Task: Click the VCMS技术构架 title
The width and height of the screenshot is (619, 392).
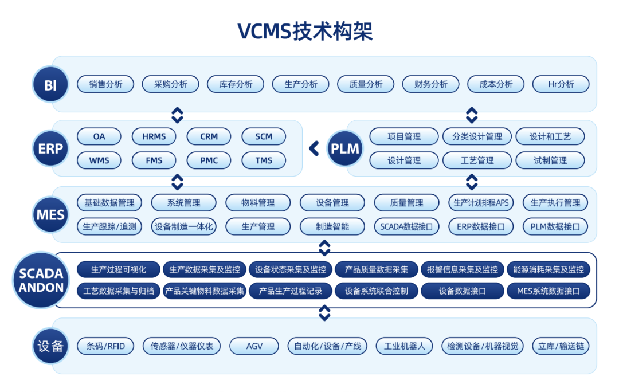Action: [305, 31]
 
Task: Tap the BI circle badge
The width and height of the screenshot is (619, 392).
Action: [50, 84]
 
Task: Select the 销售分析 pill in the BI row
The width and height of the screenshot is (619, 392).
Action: [105, 84]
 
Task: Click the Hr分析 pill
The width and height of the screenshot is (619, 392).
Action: [561, 84]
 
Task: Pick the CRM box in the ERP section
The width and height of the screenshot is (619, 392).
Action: [209, 136]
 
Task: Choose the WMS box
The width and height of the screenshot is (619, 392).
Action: [99, 160]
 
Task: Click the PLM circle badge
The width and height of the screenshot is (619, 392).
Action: [345, 148]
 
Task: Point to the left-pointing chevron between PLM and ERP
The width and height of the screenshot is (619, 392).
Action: [314, 148]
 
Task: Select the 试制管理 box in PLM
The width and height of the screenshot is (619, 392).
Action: [550, 160]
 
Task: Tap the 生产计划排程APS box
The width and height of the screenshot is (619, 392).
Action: [481, 202]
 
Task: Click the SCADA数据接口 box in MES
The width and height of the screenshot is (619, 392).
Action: [406, 226]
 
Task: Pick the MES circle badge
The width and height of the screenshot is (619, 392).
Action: [50, 215]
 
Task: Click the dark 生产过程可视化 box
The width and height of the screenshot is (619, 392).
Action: [119, 269]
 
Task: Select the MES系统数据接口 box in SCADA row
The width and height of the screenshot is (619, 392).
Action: [548, 291]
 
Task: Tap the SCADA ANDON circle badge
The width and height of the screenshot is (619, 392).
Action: [41, 280]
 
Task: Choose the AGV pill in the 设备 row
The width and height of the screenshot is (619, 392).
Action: [254, 346]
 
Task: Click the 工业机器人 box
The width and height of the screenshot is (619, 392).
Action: [405, 346]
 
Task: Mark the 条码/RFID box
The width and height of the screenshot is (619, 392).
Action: [105, 346]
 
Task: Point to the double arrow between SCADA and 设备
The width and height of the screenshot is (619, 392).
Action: [324, 313]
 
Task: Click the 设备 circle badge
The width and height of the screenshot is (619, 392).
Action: [50, 346]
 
